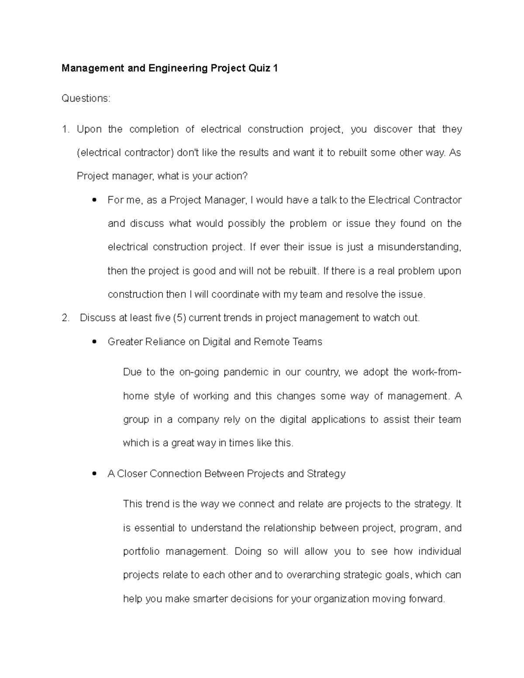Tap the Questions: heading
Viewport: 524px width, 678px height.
[x=86, y=99]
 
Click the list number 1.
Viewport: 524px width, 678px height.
[x=65, y=129]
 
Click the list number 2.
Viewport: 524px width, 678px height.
[x=65, y=318]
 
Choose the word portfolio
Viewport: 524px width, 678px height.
[x=141, y=551]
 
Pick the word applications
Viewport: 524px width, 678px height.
[x=334, y=420]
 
